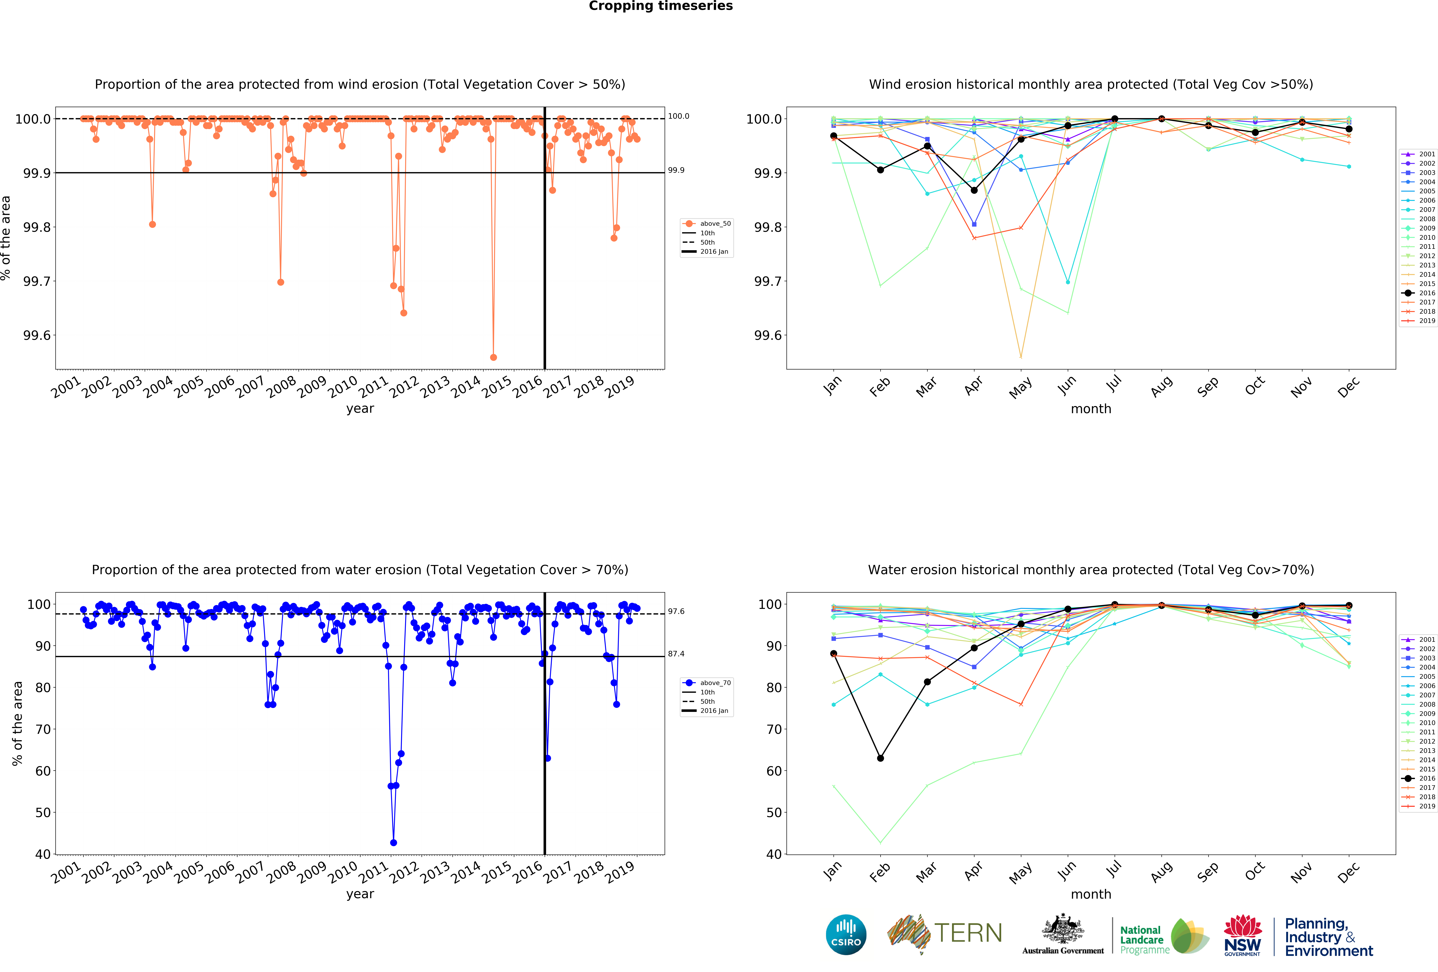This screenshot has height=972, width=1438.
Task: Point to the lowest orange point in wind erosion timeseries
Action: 493,357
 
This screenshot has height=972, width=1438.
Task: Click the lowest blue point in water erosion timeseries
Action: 394,843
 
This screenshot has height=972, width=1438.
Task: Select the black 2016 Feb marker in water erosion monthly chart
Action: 880,758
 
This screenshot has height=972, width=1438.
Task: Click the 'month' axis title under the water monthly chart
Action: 1091,894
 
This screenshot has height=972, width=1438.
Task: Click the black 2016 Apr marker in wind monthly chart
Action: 974,190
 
